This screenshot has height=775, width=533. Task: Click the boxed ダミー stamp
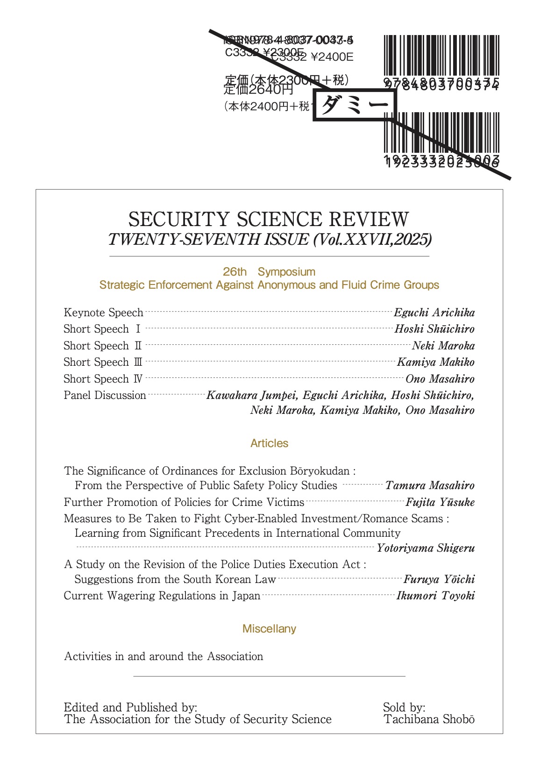tap(355, 105)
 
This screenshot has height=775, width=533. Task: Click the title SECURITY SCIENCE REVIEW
tap(269, 220)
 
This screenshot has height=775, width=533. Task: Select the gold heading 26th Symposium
tap(269, 272)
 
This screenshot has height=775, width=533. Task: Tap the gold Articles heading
tap(269, 443)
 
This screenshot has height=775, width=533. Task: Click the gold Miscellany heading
tap(269, 629)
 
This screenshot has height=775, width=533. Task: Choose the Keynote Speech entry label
tap(103, 313)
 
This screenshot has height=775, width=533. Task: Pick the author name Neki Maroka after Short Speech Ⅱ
tap(443, 346)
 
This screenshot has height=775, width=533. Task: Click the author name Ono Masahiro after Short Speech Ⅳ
tap(440, 379)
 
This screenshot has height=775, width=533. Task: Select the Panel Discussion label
tap(105, 395)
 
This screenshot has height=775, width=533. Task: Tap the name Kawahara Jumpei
tap(251, 395)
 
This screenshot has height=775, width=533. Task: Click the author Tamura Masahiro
tap(430, 485)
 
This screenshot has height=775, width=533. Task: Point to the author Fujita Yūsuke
tap(440, 502)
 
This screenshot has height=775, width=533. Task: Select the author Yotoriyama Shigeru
tap(426, 548)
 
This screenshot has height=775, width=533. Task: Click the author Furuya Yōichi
tap(439, 579)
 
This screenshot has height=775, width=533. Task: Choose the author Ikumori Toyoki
tap(435, 596)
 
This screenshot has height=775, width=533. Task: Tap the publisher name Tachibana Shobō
tap(429, 719)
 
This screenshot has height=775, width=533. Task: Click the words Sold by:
tap(404, 707)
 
